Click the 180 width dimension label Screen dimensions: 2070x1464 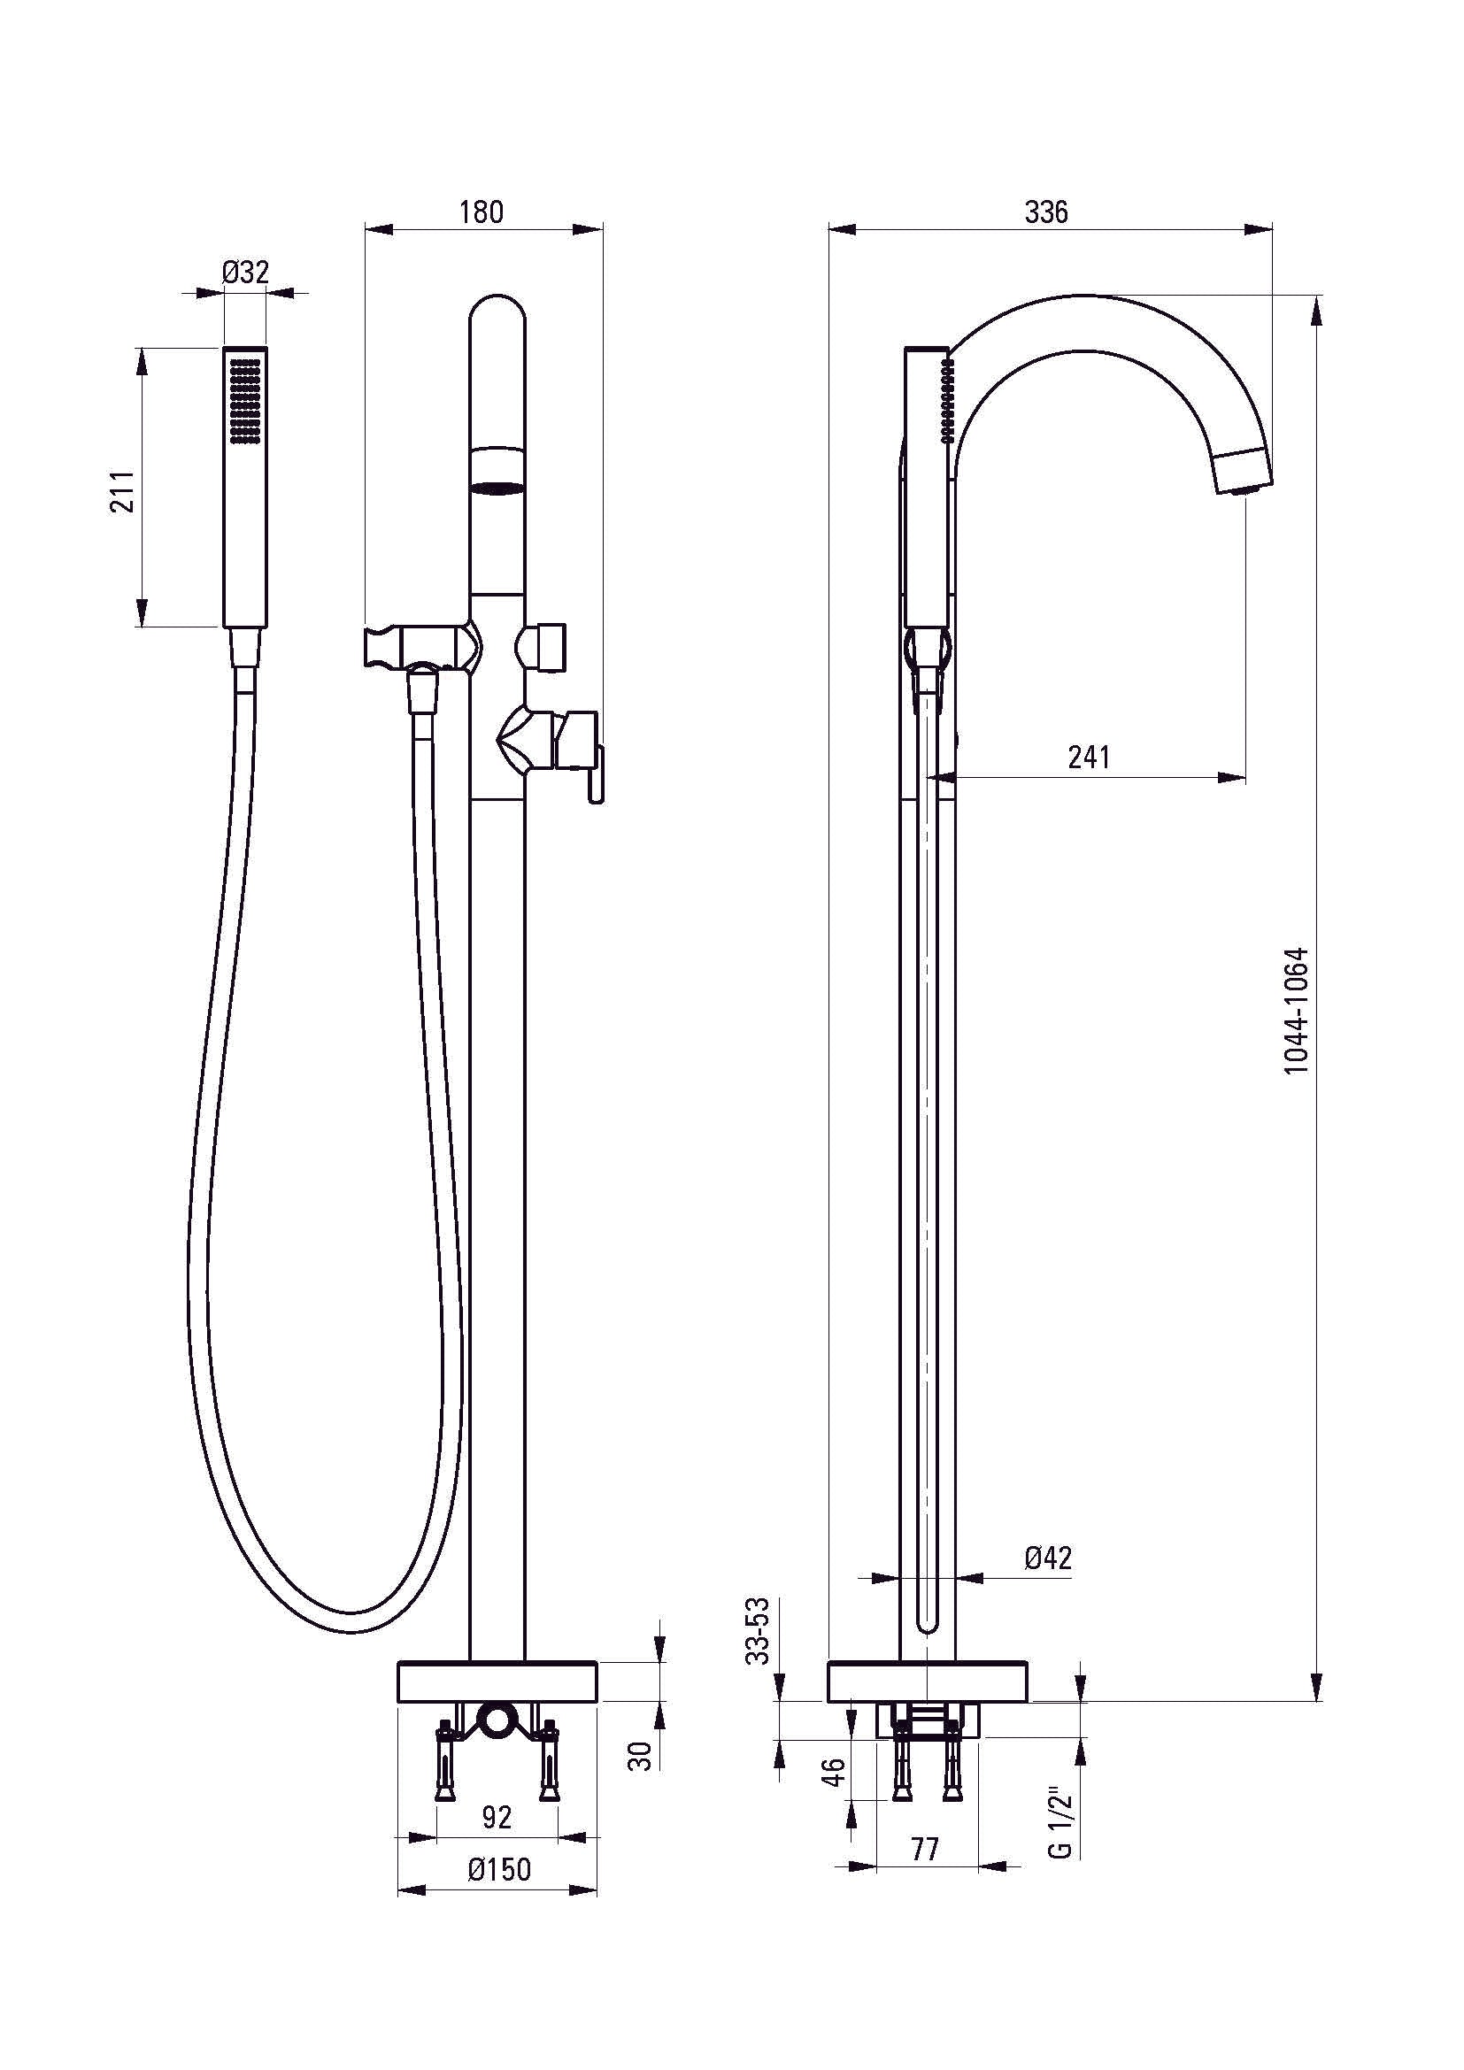pos(482,212)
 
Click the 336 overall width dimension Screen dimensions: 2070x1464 pos(1046,212)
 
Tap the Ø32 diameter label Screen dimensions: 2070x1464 pos(244,272)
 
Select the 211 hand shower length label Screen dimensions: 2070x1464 pos(123,490)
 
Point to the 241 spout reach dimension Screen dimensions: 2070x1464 pos(1089,757)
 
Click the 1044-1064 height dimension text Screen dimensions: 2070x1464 pos(1296,1010)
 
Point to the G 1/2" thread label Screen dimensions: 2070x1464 pos(1060,1825)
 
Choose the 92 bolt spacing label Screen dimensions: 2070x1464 pos(497,1817)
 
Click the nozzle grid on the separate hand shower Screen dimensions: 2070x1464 pos(245,400)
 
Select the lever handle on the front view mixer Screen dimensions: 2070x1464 pos(596,775)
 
